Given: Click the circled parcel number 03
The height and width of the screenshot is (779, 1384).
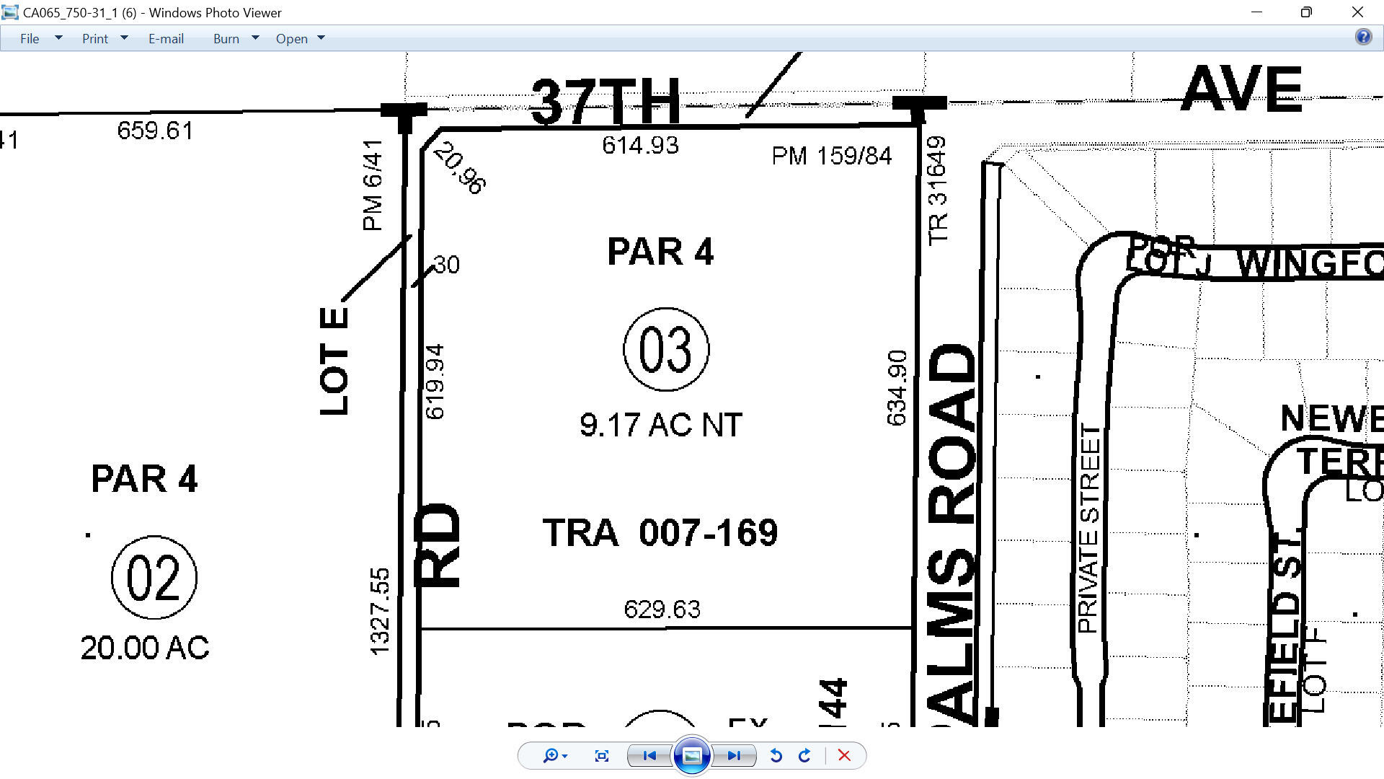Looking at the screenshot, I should click(665, 350).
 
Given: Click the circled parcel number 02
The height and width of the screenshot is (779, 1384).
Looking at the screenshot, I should click(154, 578).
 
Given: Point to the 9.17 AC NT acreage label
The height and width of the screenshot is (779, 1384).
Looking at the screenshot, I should click(660, 425).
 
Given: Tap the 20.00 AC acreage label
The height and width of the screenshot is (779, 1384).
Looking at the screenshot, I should click(145, 648).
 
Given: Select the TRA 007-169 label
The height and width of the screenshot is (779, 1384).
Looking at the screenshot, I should click(660, 533).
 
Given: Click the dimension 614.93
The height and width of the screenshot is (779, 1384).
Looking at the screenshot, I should click(640, 146).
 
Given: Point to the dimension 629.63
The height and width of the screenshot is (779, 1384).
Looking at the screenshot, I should click(662, 609).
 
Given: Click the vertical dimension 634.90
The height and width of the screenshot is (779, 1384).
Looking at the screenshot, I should click(897, 388).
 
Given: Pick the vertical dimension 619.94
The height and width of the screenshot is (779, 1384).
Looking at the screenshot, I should click(435, 382).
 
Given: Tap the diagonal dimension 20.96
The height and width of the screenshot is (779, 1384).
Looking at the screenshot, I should click(460, 168).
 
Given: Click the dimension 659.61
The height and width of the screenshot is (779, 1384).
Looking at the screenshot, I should click(155, 131).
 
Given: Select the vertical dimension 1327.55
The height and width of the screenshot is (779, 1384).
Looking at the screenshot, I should click(379, 612).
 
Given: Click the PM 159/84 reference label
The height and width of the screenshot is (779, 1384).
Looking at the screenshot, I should click(831, 156).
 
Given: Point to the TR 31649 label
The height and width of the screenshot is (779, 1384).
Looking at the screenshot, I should click(937, 190).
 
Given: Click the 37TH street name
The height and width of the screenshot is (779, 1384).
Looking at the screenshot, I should click(605, 102).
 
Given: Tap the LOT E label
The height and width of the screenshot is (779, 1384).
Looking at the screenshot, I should click(334, 361).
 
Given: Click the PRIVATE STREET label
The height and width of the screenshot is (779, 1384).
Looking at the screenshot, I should click(1089, 529).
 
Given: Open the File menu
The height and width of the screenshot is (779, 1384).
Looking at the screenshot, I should click(30, 39).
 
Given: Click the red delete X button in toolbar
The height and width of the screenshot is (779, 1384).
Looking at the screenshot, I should click(844, 756).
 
